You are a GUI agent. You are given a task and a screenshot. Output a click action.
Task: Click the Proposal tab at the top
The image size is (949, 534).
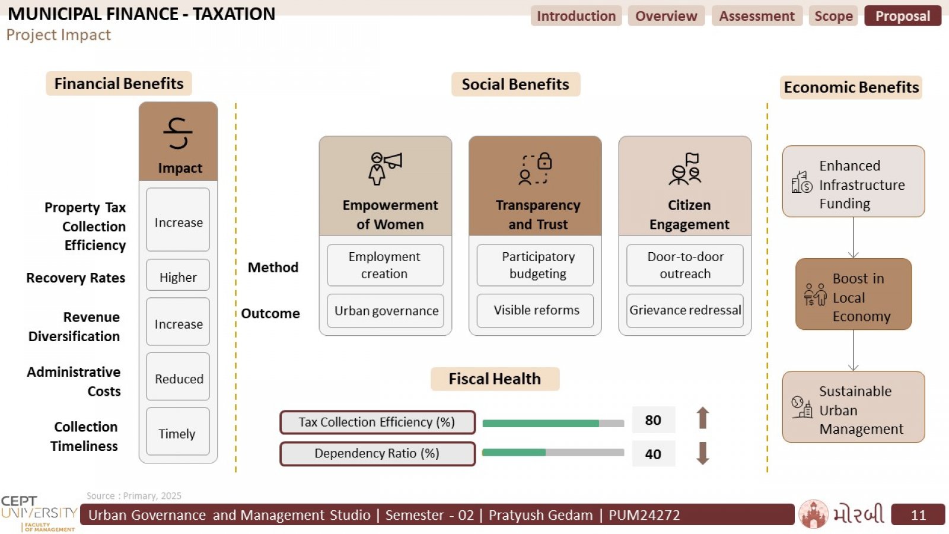pyautogui.click(x=902, y=15)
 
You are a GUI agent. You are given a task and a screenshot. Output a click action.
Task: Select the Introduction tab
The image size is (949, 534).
pyautogui.click(x=576, y=15)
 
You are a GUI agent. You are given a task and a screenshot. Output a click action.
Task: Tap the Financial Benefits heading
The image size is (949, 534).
pyautogui.click(x=119, y=84)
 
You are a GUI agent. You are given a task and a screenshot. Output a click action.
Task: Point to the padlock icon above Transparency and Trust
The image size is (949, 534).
pyautogui.click(x=544, y=161)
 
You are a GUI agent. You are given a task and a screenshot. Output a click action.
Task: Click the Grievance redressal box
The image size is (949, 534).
pyautogui.click(x=685, y=311)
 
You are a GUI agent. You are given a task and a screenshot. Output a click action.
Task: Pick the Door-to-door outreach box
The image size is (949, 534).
pyautogui.click(x=685, y=265)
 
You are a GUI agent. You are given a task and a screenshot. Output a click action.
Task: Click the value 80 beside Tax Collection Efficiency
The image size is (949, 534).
pyautogui.click(x=653, y=420)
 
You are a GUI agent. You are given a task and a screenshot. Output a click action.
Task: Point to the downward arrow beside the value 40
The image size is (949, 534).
pyautogui.click(x=703, y=453)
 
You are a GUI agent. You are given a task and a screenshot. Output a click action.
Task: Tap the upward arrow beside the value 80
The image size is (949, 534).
pyautogui.click(x=703, y=418)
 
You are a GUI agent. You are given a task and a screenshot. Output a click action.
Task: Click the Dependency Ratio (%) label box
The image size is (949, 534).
pyautogui.click(x=377, y=453)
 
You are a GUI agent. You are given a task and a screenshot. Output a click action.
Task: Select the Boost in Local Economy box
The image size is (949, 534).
pyautogui.click(x=854, y=294)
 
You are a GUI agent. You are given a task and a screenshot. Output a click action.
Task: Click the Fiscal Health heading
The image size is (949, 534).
pyautogui.click(x=495, y=379)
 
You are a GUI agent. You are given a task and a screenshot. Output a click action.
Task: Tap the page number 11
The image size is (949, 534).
pyautogui.click(x=918, y=514)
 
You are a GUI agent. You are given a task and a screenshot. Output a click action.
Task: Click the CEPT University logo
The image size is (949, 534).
pyautogui.click(x=39, y=514)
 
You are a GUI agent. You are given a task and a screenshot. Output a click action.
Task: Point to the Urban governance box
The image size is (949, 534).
pyautogui.click(x=386, y=311)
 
